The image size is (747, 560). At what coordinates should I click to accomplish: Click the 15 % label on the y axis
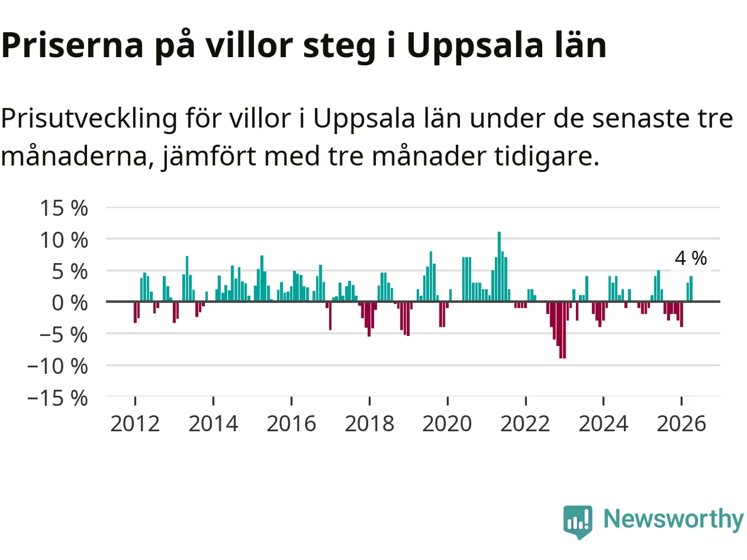tap(64, 208)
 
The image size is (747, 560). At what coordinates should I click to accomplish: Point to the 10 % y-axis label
tap(64, 240)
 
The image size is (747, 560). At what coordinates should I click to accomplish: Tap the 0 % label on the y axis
tap(70, 303)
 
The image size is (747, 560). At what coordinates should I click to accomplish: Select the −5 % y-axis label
tap(64, 335)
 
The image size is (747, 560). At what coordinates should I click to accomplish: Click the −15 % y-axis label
tap(58, 398)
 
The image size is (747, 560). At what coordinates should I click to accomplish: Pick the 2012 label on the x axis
tap(135, 424)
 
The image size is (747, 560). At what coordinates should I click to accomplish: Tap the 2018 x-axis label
tap(369, 424)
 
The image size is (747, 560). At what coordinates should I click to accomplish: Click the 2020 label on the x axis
tap(447, 424)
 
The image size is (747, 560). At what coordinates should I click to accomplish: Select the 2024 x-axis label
tap(603, 424)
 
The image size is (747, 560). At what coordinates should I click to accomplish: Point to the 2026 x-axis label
tap(681, 424)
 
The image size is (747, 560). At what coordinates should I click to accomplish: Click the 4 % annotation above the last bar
tap(691, 258)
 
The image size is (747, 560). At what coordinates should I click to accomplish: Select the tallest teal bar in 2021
tap(499, 267)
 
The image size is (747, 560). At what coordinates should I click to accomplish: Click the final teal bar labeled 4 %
tap(691, 289)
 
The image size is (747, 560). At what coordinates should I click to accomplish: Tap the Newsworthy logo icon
tap(578, 521)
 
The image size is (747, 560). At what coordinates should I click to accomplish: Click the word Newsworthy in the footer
tap(673, 519)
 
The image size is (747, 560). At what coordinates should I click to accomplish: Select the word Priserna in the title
tap(72, 45)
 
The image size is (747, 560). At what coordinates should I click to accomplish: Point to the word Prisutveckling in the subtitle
tap(89, 120)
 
